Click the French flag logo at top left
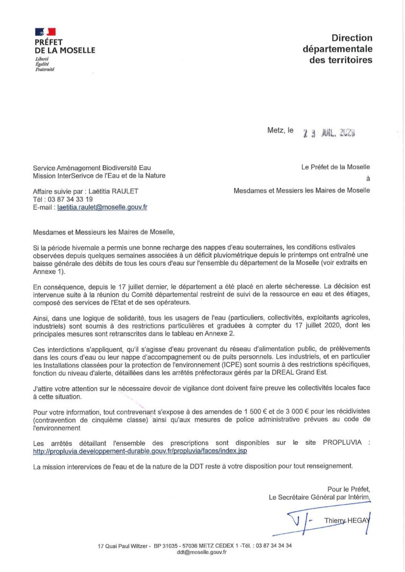click(x=45, y=33)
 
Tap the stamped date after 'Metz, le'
click(x=329, y=133)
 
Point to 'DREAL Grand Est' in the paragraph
click(x=281, y=373)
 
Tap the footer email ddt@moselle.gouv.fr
click(x=201, y=552)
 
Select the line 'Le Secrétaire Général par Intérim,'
click(x=319, y=497)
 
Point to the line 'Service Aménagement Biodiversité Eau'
click(x=92, y=168)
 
